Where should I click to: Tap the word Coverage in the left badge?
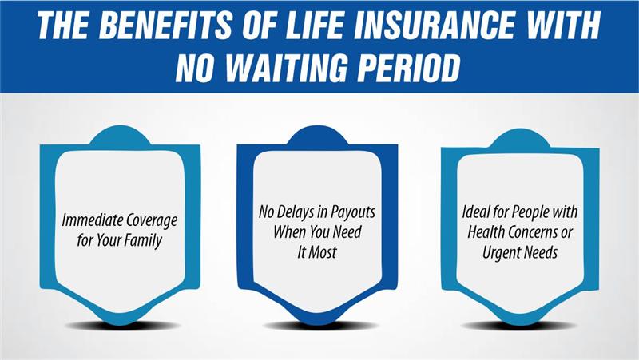coord(152,221)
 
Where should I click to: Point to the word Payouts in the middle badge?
coord(352,213)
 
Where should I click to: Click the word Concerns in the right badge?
coord(533,232)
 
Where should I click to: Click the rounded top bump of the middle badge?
coord(317,134)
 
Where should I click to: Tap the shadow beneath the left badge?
coord(121,326)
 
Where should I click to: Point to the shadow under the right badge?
coord(520,325)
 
